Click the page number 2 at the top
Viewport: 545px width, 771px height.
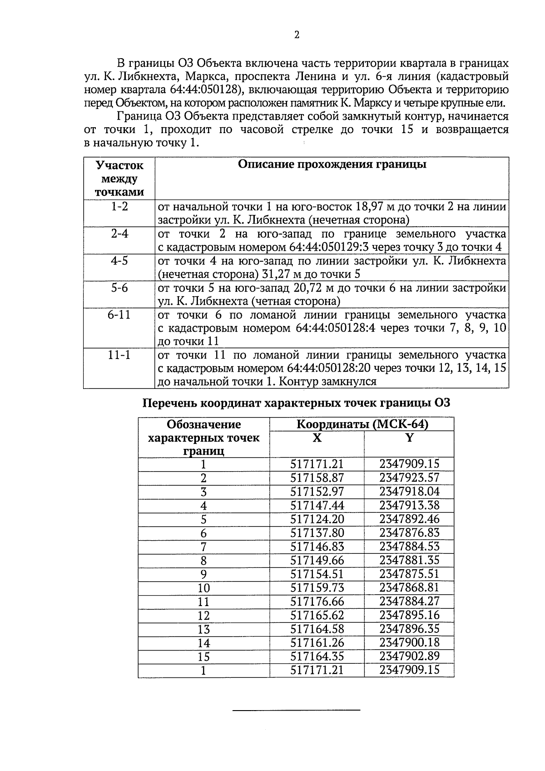[x=297, y=35]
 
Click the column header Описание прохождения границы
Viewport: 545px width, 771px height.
[x=332, y=164]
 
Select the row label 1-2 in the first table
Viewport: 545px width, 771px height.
[x=119, y=207]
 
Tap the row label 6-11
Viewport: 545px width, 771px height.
[x=119, y=315]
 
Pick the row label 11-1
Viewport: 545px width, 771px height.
[x=119, y=355]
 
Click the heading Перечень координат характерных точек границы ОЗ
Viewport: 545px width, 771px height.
[x=296, y=403]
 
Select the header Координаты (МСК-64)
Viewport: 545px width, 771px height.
[x=362, y=424]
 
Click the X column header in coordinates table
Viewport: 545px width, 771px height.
[x=317, y=438]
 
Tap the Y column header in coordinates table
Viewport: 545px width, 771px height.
[x=409, y=438]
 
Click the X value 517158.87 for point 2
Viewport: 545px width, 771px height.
[x=317, y=478]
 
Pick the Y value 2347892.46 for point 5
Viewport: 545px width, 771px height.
[x=409, y=519]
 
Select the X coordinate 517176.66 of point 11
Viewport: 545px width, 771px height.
[x=317, y=602]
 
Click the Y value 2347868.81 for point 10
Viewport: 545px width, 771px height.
[x=409, y=587]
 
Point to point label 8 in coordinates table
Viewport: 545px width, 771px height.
[x=203, y=561]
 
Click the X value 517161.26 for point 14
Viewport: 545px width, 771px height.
[x=317, y=642]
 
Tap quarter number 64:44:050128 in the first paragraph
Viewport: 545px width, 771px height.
[x=205, y=89]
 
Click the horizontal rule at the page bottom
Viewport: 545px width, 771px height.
[x=296, y=710]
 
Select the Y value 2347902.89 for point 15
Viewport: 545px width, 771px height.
[x=409, y=656]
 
